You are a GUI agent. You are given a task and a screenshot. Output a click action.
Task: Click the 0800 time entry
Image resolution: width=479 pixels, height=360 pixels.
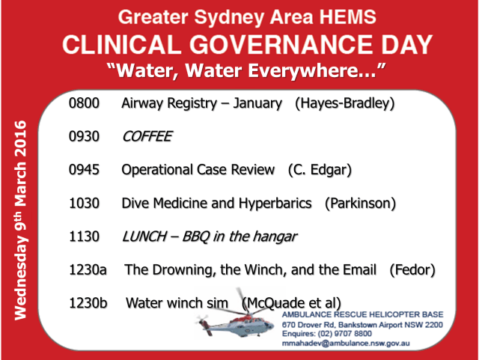click(84, 103)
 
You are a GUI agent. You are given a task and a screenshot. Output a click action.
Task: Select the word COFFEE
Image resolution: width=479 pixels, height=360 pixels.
click(147, 137)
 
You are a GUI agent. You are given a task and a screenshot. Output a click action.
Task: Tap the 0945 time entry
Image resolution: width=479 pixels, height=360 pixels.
click(84, 170)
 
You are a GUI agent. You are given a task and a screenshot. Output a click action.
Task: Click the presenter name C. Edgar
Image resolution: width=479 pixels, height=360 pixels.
click(320, 170)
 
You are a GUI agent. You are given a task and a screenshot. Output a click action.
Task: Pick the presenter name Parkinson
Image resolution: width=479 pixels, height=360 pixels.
click(360, 204)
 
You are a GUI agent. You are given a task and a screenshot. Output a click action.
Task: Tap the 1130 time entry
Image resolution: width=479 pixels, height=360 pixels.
click(84, 237)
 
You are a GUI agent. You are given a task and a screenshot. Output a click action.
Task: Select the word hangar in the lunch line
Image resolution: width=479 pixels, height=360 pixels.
click(273, 237)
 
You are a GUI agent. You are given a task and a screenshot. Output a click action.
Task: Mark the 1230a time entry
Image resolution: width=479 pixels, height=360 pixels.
click(88, 269)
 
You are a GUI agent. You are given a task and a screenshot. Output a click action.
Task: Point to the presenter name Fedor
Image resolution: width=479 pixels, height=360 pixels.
click(412, 269)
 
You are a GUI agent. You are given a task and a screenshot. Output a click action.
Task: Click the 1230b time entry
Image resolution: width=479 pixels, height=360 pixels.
click(88, 303)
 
